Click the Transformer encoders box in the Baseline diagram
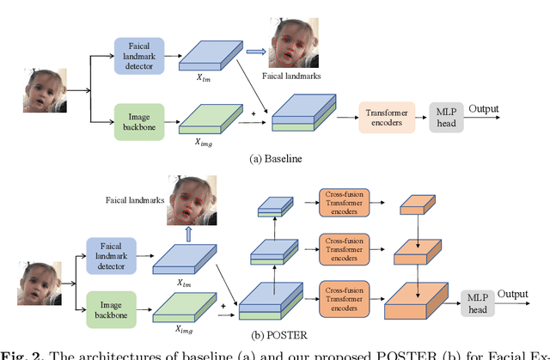click(x=387, y=115)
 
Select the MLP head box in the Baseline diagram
click(x=447, y=115)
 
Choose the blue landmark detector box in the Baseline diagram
click(x=139, y=53)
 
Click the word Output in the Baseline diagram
click(x=484, y=109)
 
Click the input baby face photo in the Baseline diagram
click(x=45, y=88)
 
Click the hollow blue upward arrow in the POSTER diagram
click(x=190, y=233)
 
